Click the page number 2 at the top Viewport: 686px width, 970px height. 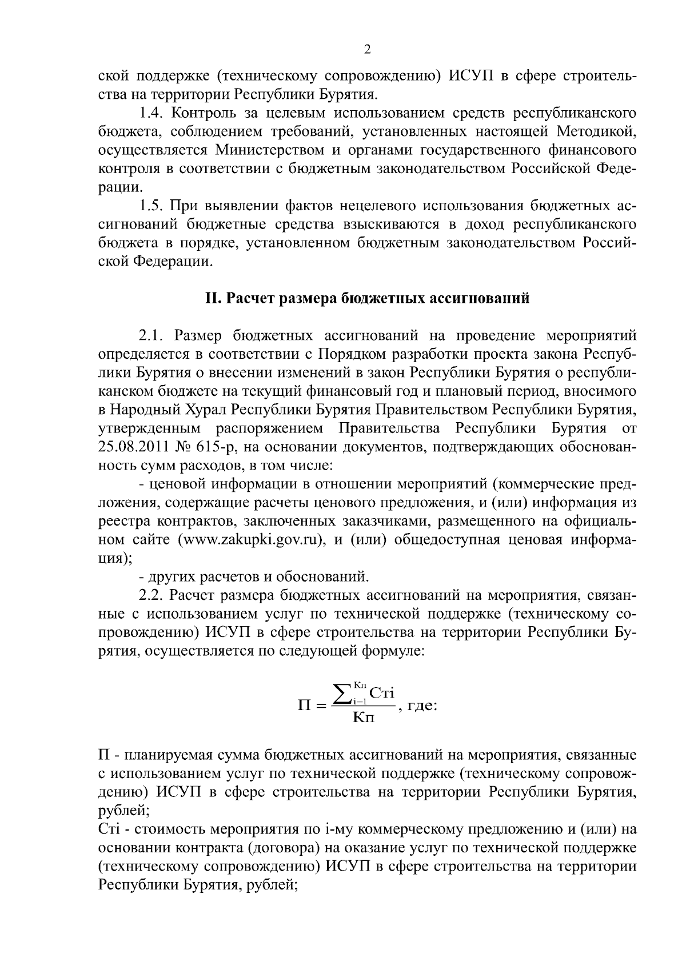coord(368,50)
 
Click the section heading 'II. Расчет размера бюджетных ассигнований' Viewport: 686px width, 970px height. coord(367,298)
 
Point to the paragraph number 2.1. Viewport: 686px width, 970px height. coord(151,335)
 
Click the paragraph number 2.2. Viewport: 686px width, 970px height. coord(151,596)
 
